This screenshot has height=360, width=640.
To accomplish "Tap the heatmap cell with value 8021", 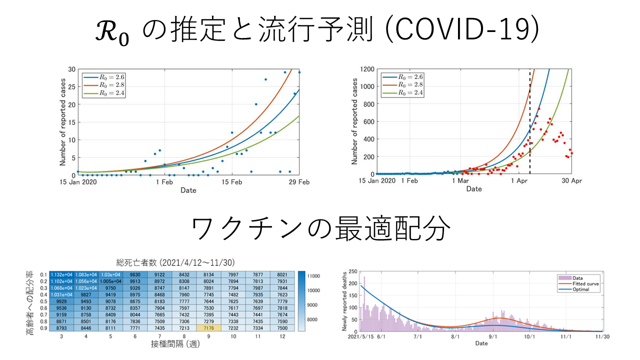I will pos(282,274).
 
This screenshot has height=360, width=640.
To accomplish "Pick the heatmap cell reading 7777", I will pos(184,301).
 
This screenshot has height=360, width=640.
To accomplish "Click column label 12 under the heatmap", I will pos(282,337).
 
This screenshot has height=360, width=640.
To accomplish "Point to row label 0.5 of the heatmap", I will pos(43,301).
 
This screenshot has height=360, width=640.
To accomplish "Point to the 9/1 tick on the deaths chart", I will pos(492,337).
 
